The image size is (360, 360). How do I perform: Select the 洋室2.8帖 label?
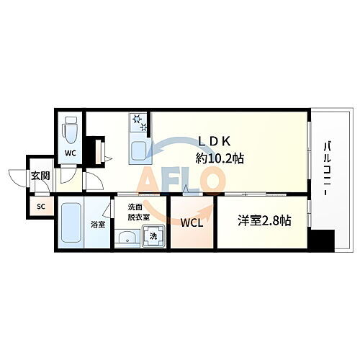265,221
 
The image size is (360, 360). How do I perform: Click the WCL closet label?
192,223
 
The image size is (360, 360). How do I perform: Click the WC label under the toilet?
71,153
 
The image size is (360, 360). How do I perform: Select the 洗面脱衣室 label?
139,212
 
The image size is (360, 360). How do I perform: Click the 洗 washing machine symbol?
153,235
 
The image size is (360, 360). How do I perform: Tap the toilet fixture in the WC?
71,132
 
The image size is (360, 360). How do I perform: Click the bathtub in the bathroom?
71,224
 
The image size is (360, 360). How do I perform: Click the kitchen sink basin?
138,150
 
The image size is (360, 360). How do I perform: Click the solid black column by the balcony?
324,240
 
